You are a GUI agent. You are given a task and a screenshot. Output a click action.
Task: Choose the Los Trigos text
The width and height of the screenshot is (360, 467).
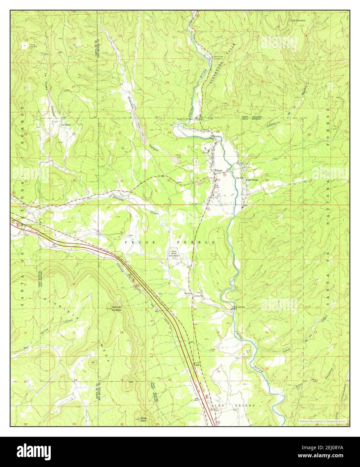click(234, 406)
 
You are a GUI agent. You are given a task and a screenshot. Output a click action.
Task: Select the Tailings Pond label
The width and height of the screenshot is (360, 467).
click(177, 156)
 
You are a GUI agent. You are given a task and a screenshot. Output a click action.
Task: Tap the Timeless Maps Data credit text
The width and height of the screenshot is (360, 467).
click(324, 421)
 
